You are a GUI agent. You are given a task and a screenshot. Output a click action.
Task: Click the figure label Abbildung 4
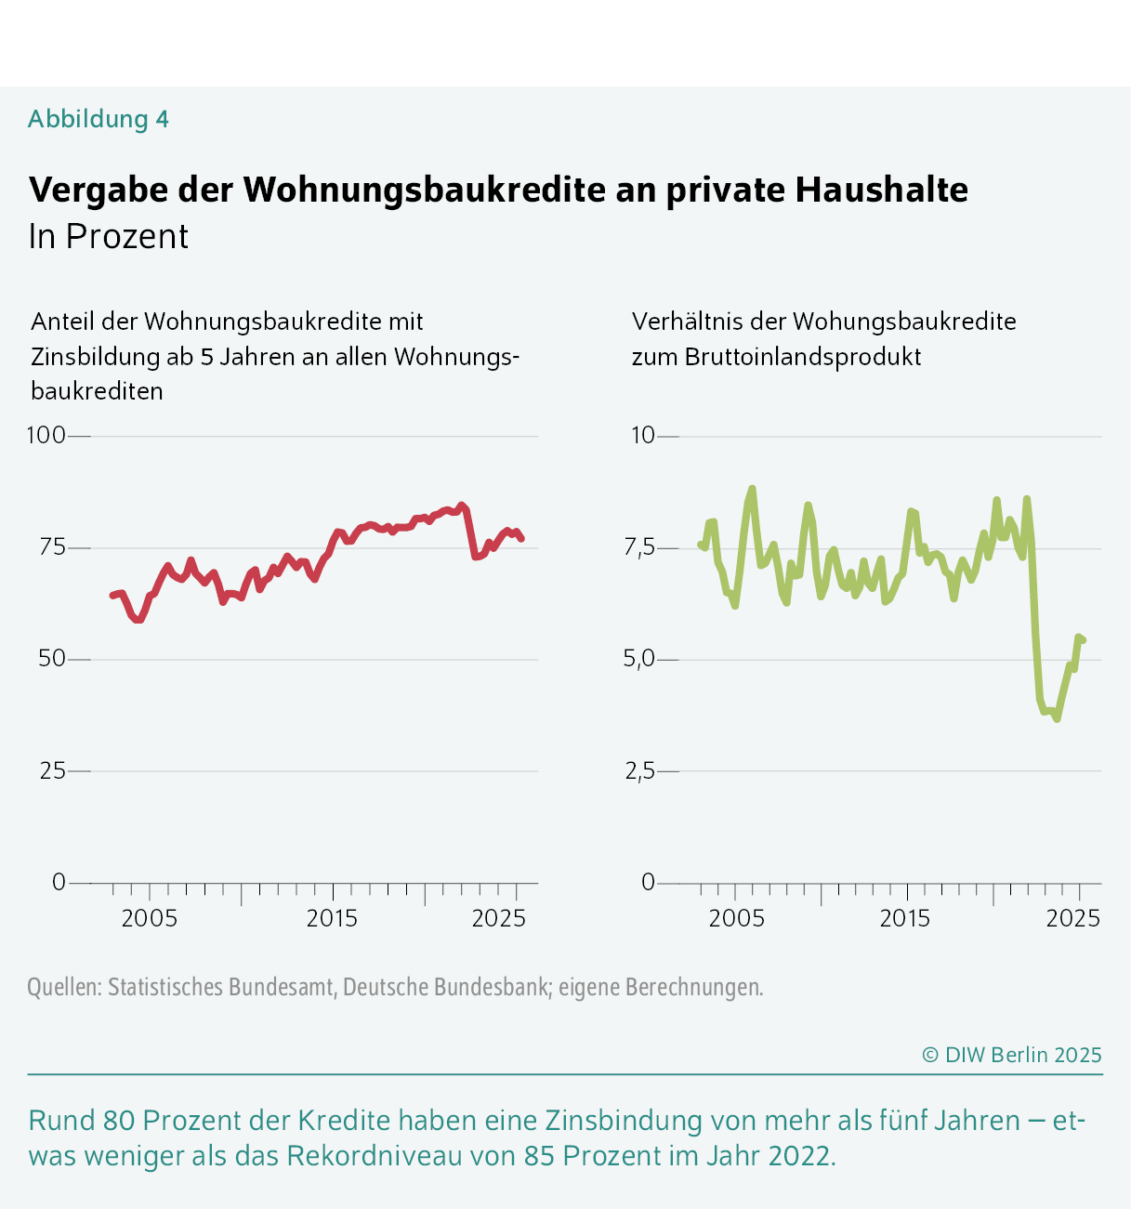tap(98, 119)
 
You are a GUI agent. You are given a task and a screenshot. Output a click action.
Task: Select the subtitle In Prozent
tap(108, 237)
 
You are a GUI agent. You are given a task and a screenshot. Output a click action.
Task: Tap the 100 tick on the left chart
tap(46, 435)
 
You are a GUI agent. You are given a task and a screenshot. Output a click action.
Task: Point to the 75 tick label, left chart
tap(52, 546)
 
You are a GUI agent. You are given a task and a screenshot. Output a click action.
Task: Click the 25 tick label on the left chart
tap(52, 770)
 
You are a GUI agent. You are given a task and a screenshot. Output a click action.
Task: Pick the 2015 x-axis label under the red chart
tap(332, 919)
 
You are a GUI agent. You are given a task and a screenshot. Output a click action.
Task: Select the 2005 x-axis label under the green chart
tap(736, 919)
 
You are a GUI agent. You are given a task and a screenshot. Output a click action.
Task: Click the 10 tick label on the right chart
tap(643, 435)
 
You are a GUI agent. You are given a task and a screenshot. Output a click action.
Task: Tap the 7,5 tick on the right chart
tap(639, 547)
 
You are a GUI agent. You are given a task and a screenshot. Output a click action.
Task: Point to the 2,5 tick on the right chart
tap(639, 770)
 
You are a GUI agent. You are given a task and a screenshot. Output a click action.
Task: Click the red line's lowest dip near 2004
tap(138, 620)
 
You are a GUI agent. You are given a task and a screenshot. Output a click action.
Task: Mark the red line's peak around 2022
tap(462, 506)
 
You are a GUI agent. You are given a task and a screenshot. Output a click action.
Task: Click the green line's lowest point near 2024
tap(1057, 718)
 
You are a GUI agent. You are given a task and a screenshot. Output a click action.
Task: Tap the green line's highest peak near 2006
tap(752, 489)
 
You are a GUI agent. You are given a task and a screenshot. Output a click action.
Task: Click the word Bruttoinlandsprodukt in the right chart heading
tap(803, 357)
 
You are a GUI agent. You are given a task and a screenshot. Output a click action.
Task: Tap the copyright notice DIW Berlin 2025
tap(1012, 1055)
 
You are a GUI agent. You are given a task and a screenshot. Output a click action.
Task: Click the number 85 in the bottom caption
tap(540, 1156)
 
